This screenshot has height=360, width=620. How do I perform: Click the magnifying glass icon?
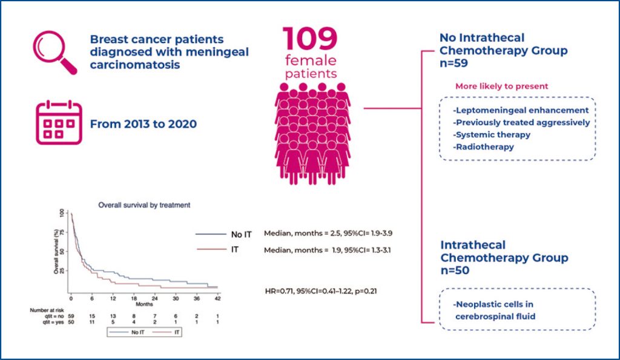[54, 51]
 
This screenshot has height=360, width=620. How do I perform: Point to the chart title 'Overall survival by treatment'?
[144, 205]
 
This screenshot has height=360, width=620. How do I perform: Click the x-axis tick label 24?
[155, 299]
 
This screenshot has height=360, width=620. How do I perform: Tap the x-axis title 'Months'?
[145, 305]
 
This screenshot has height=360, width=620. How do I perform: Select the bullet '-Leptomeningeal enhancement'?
[520, 110]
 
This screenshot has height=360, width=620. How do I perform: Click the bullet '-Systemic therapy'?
[491, 134]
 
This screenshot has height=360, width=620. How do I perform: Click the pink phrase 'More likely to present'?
[501, 86]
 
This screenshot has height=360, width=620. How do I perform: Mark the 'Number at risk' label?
[46, 310]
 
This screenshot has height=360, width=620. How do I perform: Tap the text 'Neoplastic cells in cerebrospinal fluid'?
[497, 310]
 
